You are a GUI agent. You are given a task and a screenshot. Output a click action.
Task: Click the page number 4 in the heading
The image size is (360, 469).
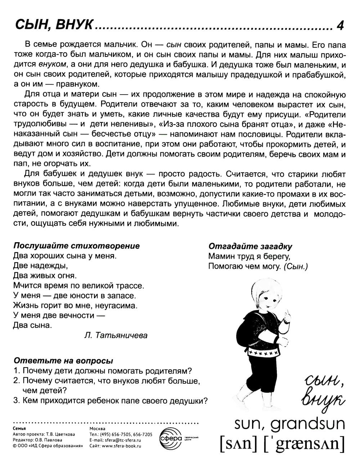(x=340, y=26)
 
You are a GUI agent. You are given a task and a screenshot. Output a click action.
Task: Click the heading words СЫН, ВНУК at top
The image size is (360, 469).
(x=54, y=26)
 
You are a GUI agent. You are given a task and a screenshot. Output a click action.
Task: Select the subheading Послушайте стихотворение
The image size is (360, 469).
(x=76, y=246)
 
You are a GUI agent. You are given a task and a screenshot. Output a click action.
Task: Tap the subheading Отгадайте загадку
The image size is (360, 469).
(x=250, y=247)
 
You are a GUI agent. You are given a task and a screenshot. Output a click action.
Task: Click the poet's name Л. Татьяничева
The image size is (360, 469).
(x=115, y=335)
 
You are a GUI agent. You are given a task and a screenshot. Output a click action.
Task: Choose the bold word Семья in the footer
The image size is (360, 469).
(x=19, y=429)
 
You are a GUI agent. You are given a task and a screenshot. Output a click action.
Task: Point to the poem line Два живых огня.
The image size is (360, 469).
(x=45, y=276)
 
